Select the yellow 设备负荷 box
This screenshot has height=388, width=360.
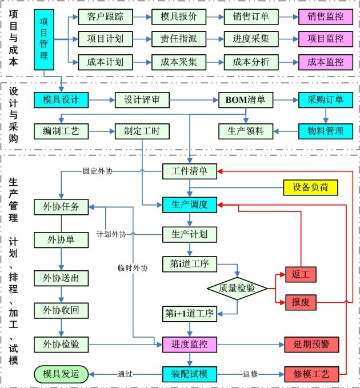pyautogui.click(x=311, y=186)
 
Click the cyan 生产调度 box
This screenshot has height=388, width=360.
pyautogui.click(x=189, y=204)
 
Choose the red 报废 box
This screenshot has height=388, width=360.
pyautogui.click(x=301, y=302)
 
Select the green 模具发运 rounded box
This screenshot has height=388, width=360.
pyautogui.click(x=61, y=374)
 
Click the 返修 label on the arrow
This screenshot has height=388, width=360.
pyautogui.click(x=250, y=374)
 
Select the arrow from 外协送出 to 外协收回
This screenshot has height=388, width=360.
pyautogui.click(x=61, y=294)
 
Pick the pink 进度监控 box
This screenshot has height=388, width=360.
pyautogui.click(x=189, y=345)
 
